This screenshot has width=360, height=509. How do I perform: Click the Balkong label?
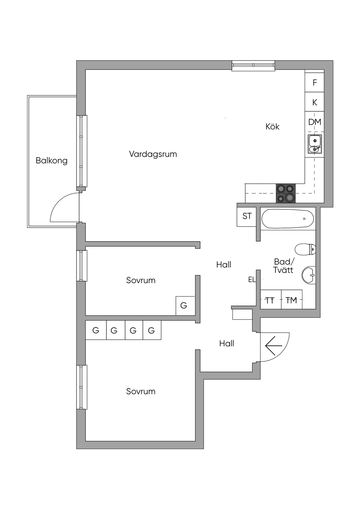pyautogui.click(x=51, y=161)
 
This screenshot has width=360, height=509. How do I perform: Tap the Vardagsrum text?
pyautogui.click(x=153, y=154)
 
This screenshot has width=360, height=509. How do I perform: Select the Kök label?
pyautogui.click(x=272, y=126)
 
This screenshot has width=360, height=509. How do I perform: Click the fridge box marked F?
pyautogui.click(x=315, y=83)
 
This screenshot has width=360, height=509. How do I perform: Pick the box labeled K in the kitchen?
pyautogui.click(x=315, y=102)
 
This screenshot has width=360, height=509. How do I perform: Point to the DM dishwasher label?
pyautogui.click(x=315, y=122)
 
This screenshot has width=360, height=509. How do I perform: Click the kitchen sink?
pyautogui.click(x=315, y=144)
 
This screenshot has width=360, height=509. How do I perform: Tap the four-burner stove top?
pyautogui.click(x=285, y=193)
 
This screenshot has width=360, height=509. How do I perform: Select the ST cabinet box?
pyautogui.click(x=247, y=216)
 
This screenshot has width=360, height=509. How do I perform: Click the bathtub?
pyautogui.click(x=288, y=219)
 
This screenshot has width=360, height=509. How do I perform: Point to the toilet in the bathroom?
pyautogui.click(x=305, y=249)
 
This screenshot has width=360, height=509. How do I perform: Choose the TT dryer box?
pyautogui.click(x=270, y=300)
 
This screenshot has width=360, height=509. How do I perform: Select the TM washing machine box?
pyautogui.click(x=291, y=300)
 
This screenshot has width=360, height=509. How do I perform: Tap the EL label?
pyautogui.click(x=252, y=280)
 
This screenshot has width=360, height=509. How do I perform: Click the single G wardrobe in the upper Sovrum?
pyautogui.click(x=184, y=306)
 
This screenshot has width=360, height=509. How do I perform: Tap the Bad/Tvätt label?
pyautogui.click(x=283, y=266)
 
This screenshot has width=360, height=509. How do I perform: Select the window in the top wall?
pyautogui.click(x=253, y=65)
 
